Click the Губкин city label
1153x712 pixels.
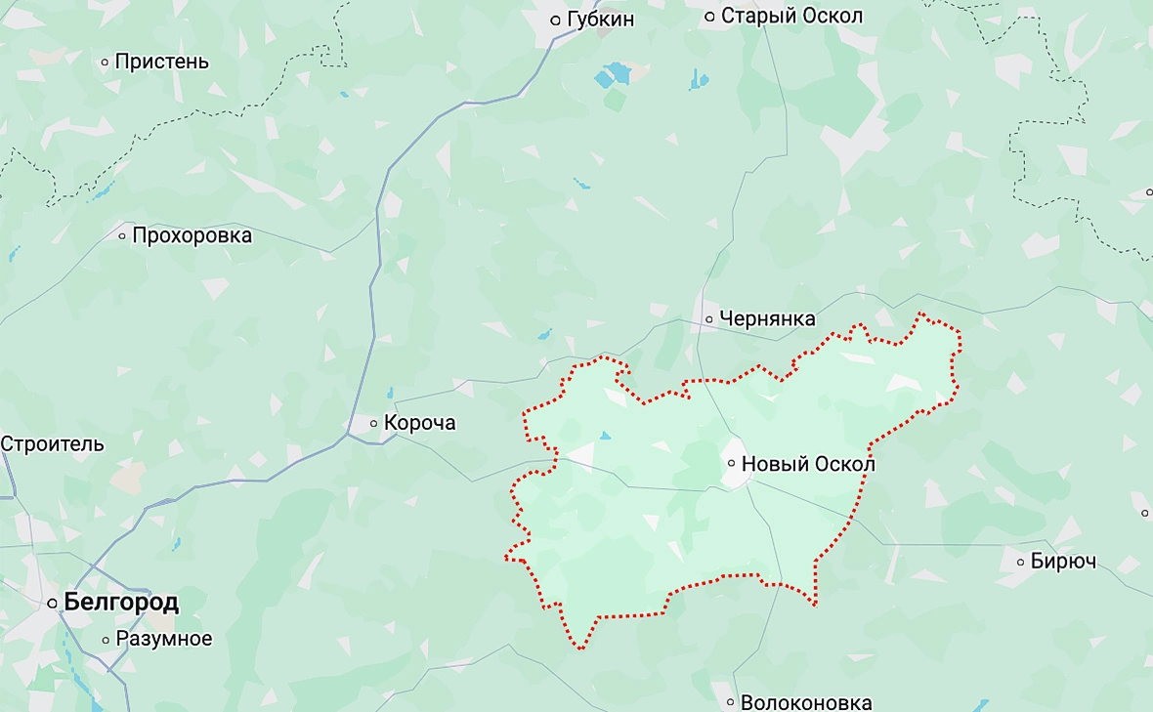(599, 20)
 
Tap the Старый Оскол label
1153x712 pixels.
(791, 17)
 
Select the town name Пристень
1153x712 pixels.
(161, 62)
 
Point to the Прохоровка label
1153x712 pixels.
(192, 235)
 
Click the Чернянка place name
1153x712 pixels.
(766, 318)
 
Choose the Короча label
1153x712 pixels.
(419, 424)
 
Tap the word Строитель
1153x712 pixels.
(52, 443)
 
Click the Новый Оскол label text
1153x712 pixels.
(808, 464)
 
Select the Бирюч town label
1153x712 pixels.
(1064, 562)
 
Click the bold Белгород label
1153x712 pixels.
(120, 603)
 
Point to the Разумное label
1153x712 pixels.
(163, 639)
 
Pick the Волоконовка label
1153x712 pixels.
(806, 702)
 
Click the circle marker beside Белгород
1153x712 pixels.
(53, 604)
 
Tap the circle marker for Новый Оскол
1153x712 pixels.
(731, 464)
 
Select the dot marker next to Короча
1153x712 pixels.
(373, 424)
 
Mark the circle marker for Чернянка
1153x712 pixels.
(708, 319)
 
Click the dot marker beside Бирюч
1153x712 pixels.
(1021, 562)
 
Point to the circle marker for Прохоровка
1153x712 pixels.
(122, 235)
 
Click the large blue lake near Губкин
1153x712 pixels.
(617, 73)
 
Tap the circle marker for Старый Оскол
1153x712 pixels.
(710, 17)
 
